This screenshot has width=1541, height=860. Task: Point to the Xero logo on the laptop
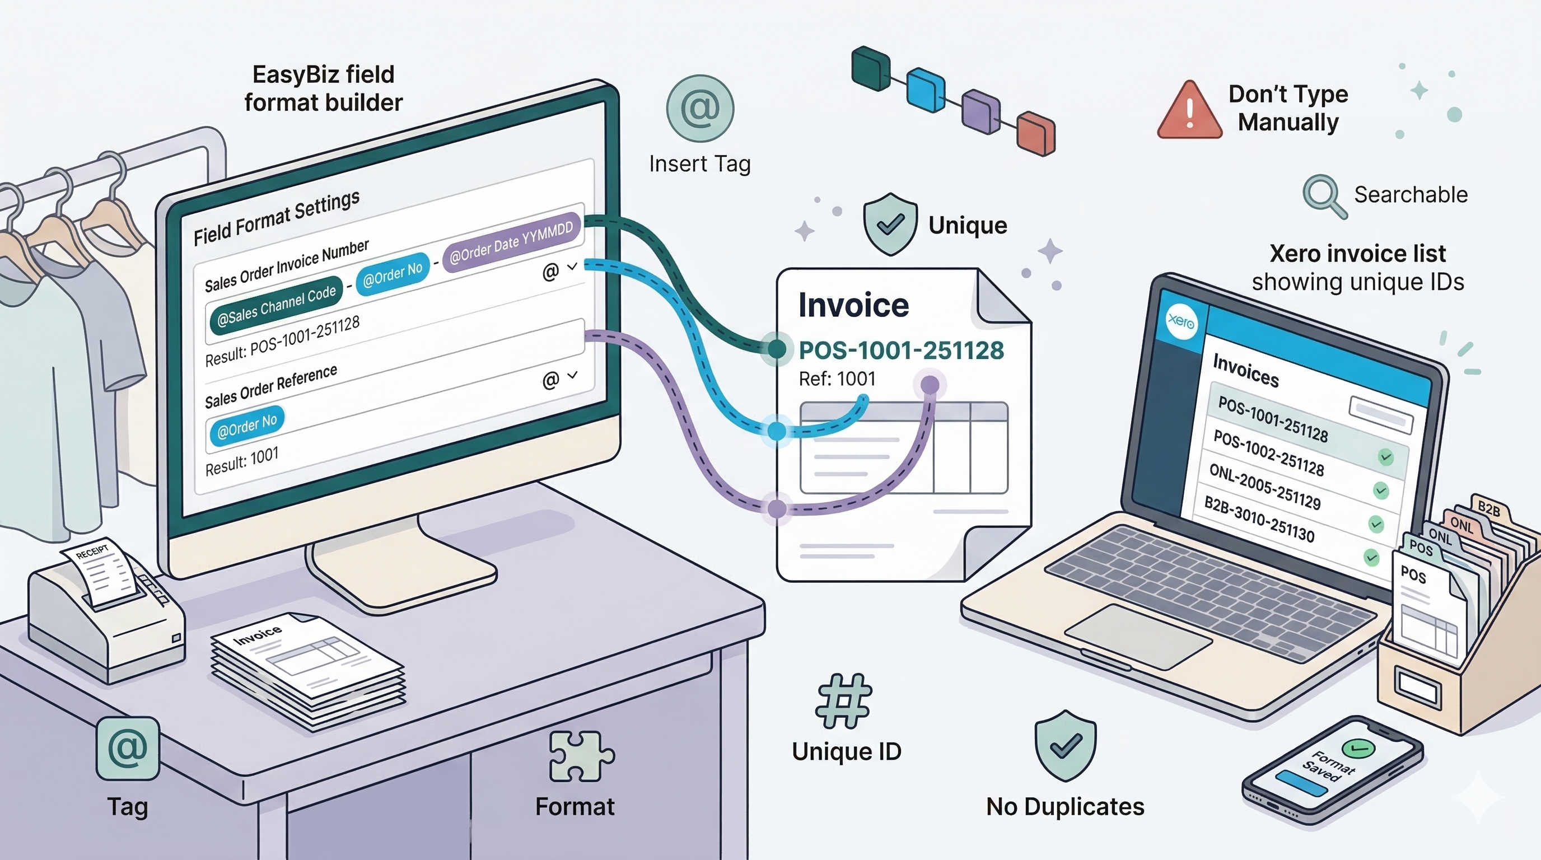[1181, 321]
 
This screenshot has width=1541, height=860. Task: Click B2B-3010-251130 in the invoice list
[1259, 519]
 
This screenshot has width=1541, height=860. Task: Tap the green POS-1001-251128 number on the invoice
[901, 350]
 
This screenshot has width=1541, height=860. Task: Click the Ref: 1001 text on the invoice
[837, 378]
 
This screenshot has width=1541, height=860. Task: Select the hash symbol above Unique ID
[844, 700]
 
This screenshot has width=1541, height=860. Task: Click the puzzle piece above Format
[580, 756]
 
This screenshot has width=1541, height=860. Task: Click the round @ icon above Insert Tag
[699, 108]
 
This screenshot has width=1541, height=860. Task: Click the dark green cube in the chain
[870, 69]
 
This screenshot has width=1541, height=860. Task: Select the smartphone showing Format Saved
[1333, 772]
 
